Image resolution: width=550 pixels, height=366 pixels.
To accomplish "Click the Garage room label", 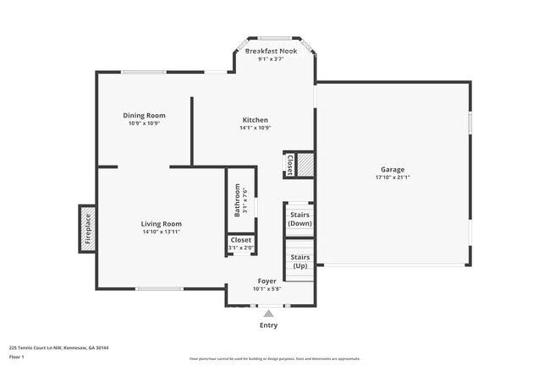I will pos(393,169).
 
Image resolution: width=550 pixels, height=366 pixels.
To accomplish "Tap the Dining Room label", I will pos(144,115).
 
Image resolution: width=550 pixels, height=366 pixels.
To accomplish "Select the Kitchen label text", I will pos(255,120).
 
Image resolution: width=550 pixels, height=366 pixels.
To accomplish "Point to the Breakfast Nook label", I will pos(271,52).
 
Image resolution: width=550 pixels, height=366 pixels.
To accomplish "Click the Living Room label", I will pos(161,224).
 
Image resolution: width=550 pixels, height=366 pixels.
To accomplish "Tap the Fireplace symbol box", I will pos(87,228).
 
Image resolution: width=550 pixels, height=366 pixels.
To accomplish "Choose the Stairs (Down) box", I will pos(300,219).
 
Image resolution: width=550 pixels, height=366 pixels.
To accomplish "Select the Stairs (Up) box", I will pos(300,261).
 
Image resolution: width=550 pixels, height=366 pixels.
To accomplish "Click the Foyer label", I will pos(267,281).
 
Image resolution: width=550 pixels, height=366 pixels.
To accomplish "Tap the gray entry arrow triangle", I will pos(268,314).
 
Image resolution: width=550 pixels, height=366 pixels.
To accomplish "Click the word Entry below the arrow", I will pos(268,325).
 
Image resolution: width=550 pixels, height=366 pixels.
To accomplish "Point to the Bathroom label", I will pos(238,200).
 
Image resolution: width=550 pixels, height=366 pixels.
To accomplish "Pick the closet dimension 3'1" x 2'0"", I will pos(240,248).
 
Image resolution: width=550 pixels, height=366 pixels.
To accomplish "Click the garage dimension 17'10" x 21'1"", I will pos(393,178).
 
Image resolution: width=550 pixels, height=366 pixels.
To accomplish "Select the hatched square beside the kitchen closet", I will pos(305,164).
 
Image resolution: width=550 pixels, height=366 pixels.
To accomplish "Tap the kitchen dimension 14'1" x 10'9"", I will pos(255,128).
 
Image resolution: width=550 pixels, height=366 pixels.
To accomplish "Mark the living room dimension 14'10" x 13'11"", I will pos(161,232).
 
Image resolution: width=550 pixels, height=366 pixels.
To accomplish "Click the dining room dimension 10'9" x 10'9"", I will pos(144,123).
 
